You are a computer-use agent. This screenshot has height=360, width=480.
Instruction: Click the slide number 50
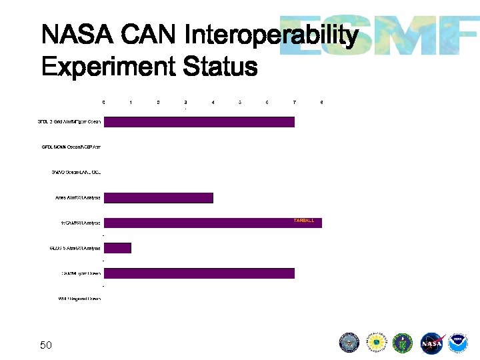point(46,345)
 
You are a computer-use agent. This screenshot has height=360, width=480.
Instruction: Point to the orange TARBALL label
point(304,220)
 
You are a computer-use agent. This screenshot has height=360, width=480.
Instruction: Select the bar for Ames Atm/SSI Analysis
point(159,197)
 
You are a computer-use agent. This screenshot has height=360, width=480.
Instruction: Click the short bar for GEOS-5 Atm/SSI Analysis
point(118,248)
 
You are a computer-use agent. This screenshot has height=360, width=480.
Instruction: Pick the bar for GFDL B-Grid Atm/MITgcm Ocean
point(199,122)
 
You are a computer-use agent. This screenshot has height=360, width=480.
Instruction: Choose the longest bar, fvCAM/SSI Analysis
point(213,223)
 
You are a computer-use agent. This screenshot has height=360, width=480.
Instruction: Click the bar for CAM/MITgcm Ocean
point(199,273)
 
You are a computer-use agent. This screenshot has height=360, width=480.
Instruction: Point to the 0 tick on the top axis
point(103,102)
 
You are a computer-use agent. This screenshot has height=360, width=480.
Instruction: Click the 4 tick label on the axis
point(213,102)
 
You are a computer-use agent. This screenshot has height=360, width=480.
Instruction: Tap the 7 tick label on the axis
point(295,102)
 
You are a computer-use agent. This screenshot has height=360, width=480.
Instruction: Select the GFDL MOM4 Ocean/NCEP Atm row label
point(71,147)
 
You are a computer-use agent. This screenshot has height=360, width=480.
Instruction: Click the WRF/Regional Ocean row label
point(79,299)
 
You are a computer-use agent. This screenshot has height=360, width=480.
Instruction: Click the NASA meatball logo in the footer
point(432,343)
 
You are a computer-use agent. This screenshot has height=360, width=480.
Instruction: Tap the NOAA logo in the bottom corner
point(458,343)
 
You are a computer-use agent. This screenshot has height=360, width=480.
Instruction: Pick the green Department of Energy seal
point(404,343)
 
